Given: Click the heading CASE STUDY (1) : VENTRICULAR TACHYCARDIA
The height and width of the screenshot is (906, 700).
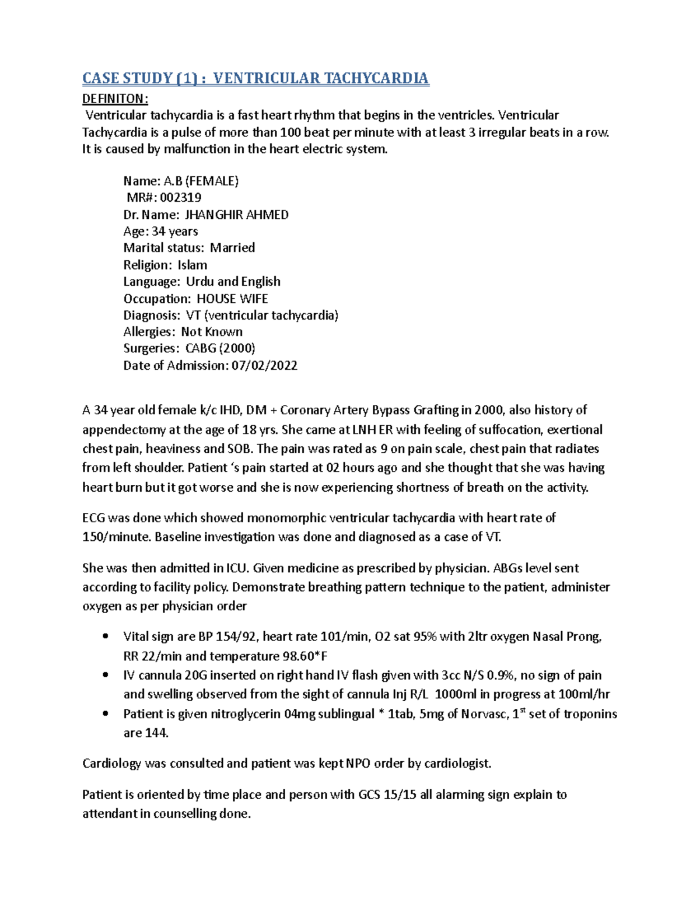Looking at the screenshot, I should [256, 78].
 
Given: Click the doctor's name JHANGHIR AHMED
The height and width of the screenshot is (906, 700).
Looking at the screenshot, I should [236, 215].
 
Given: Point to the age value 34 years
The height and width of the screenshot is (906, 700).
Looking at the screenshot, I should [174, 232].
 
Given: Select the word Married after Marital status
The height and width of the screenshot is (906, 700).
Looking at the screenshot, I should [232, 248].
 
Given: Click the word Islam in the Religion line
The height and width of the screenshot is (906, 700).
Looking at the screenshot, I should [192, 265].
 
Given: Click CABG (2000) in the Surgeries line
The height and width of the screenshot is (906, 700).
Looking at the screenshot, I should [220, 349].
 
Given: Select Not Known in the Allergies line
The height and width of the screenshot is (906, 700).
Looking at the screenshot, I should [212, 332].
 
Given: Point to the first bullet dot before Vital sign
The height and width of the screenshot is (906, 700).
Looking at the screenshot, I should [105, 636].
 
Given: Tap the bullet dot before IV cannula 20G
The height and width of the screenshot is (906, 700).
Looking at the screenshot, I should [105, 675].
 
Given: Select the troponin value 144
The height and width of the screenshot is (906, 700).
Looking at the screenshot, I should [156, 733].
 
